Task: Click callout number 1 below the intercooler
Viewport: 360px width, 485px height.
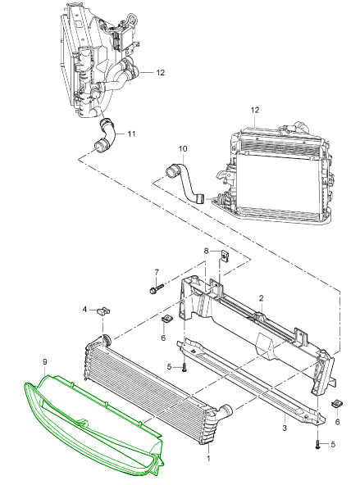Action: point(208,458)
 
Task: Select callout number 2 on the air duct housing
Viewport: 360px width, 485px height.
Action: point(262,298)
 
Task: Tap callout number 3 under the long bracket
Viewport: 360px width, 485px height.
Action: point(285,428)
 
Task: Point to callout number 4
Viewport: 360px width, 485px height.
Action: point(84,309)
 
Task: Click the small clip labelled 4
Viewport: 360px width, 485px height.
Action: point(103,310)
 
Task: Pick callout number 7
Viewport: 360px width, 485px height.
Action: point(157,272)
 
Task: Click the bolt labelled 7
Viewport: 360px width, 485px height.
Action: point(155,289)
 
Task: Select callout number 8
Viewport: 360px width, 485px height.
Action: point(207,251)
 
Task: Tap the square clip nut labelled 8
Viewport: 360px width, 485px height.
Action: point(224,256)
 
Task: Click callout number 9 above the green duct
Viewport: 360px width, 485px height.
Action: point(45,361)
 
